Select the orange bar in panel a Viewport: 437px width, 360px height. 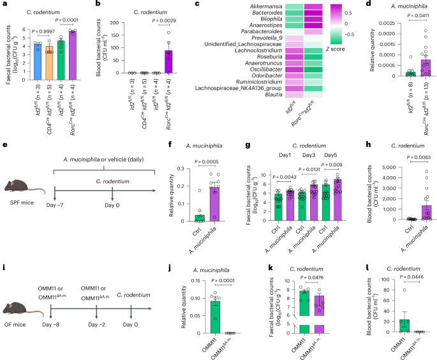[49, 63]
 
